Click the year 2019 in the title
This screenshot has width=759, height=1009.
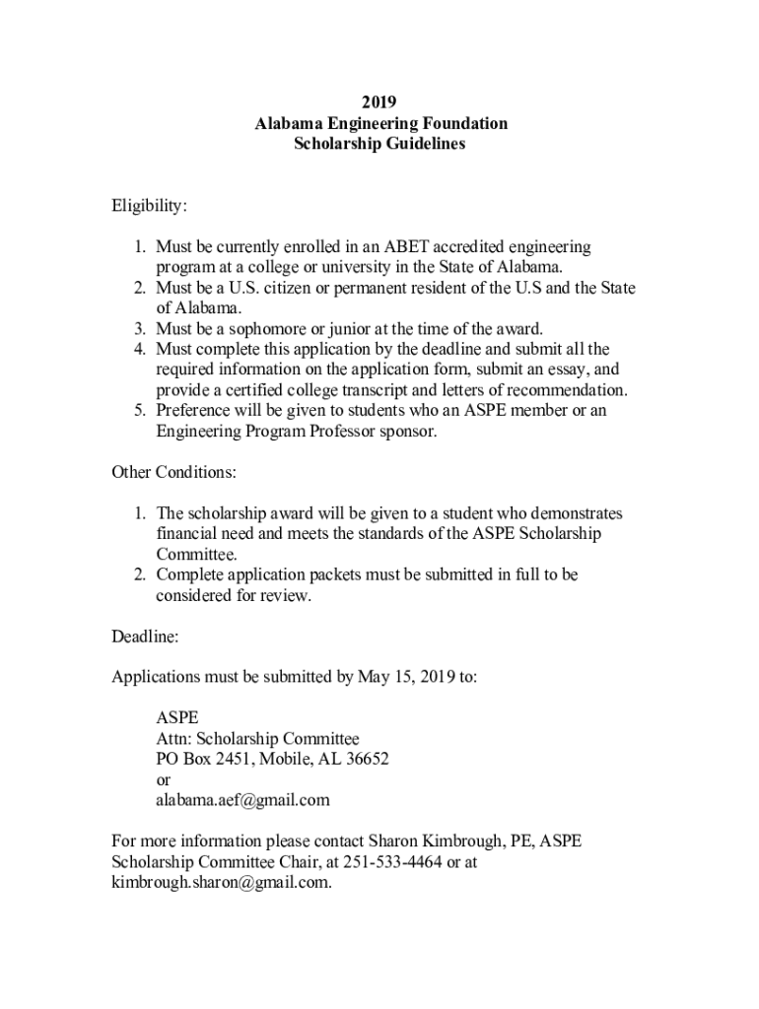coord(379,102)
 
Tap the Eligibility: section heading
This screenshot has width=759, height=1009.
coord(149,206)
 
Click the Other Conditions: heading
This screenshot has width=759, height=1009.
coord(174,472)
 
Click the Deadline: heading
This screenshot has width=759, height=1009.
coord(145,637)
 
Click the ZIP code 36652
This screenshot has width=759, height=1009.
coord(364,760)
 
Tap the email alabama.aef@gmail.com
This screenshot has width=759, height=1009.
coord(242,800)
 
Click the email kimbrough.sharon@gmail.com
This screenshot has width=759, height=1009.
coord(221,883)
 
